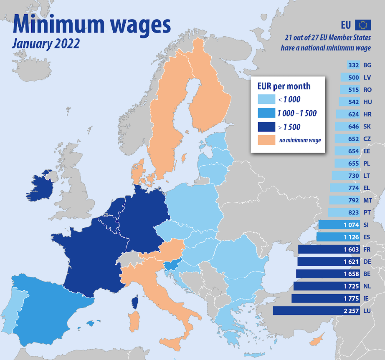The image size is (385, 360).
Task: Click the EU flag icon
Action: coord(362,25)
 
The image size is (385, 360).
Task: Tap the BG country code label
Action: coord(367,65)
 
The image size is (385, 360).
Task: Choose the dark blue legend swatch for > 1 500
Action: coord(266,126)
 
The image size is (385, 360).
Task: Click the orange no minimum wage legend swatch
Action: coord(266,140)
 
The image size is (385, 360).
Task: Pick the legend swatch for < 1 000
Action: coord(266,99)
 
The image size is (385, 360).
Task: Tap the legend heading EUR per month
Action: coord(283,86)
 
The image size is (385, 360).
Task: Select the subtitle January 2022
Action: coord(46,43)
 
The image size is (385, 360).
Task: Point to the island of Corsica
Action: coord(134,302)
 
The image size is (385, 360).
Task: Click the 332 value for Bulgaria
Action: coord(353,65)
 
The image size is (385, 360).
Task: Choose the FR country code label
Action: coord(367,249)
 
